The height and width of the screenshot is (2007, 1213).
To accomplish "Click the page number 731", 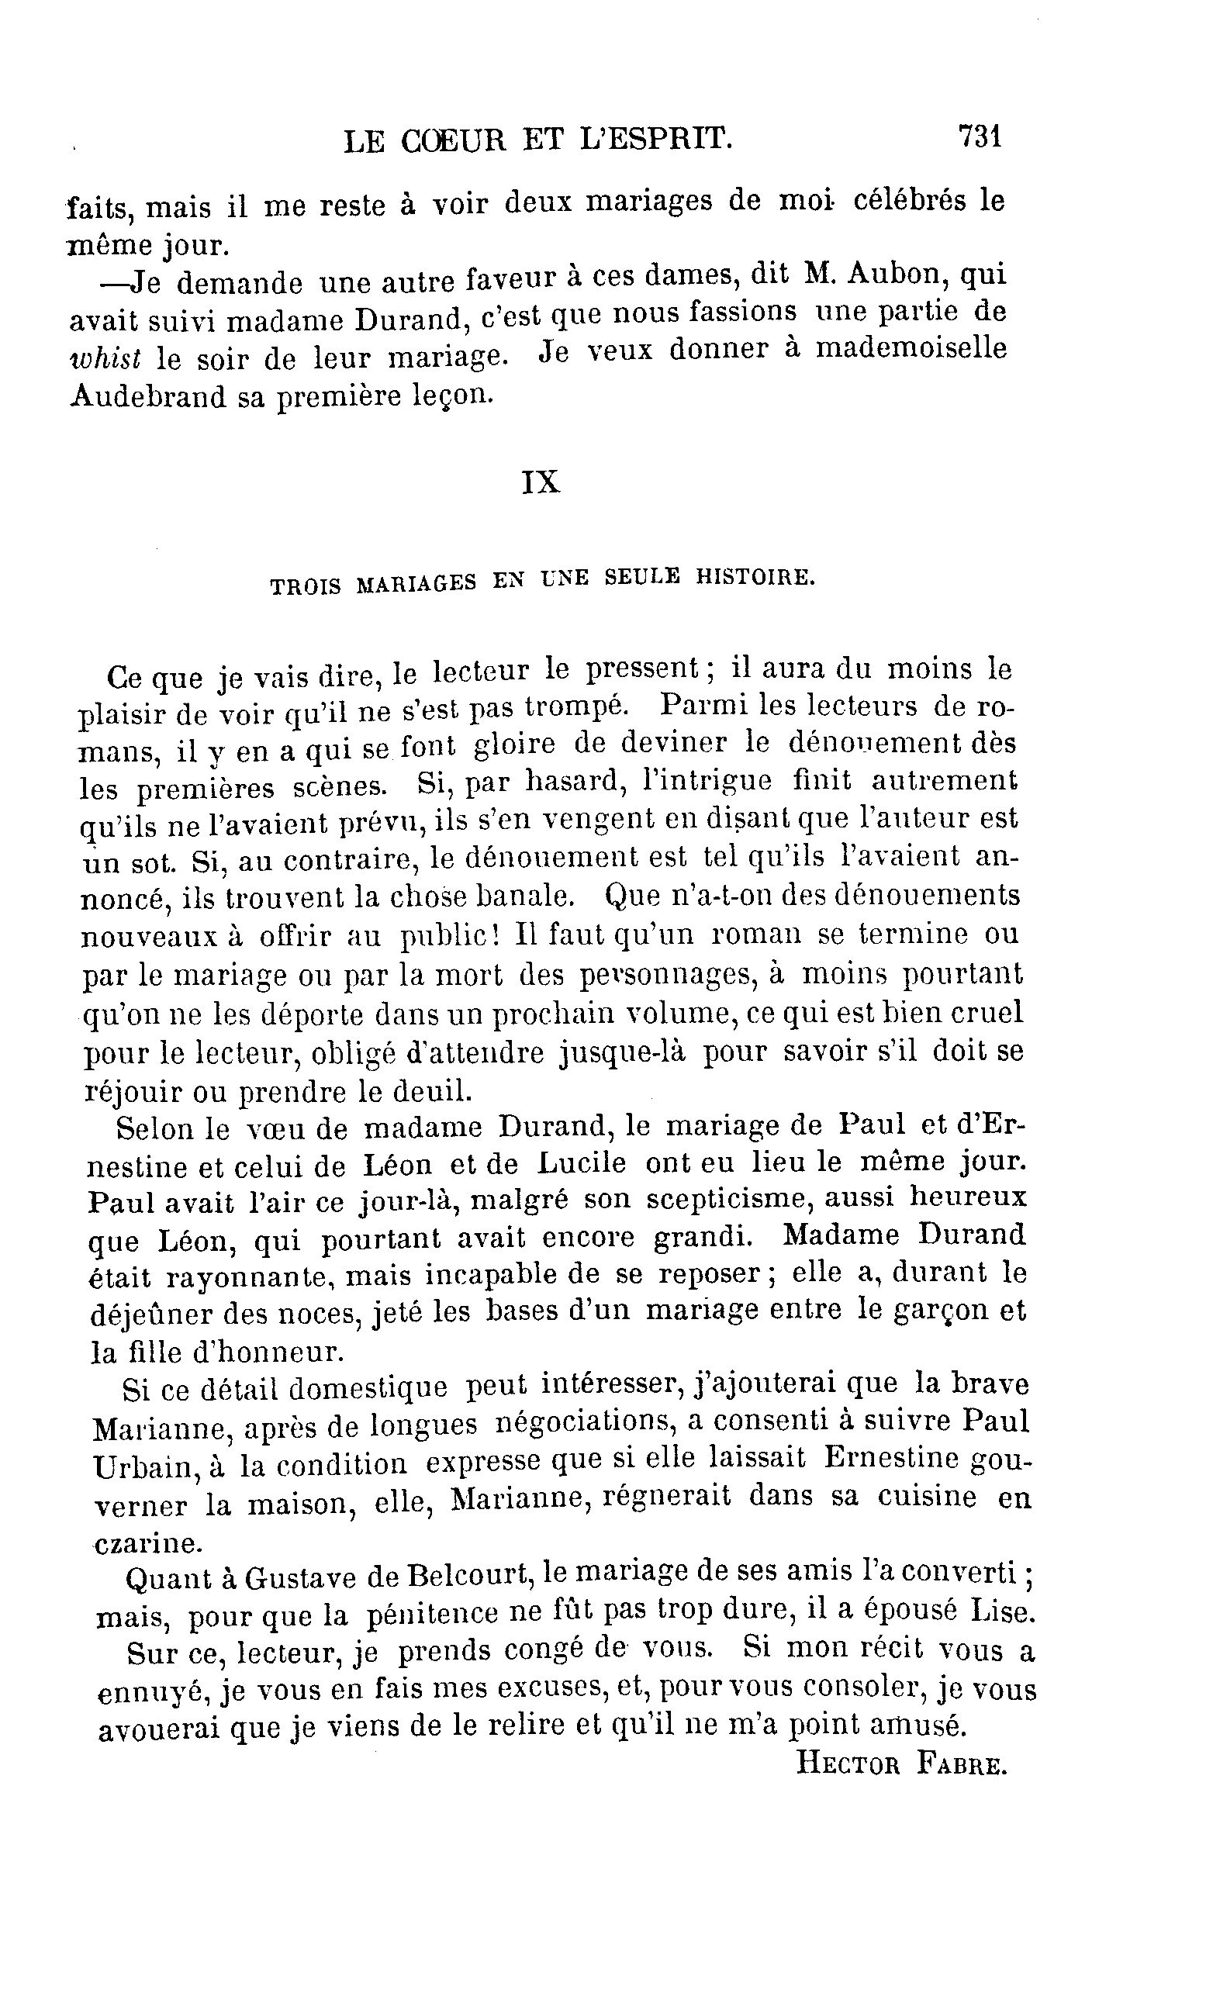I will click(x=980, y=136).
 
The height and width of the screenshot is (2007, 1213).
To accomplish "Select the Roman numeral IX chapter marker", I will click(x=540, y=483).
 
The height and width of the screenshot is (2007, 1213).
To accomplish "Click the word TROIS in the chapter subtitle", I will click(x=306, y=586).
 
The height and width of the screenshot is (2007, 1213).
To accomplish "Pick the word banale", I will click(x=524, y=896).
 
